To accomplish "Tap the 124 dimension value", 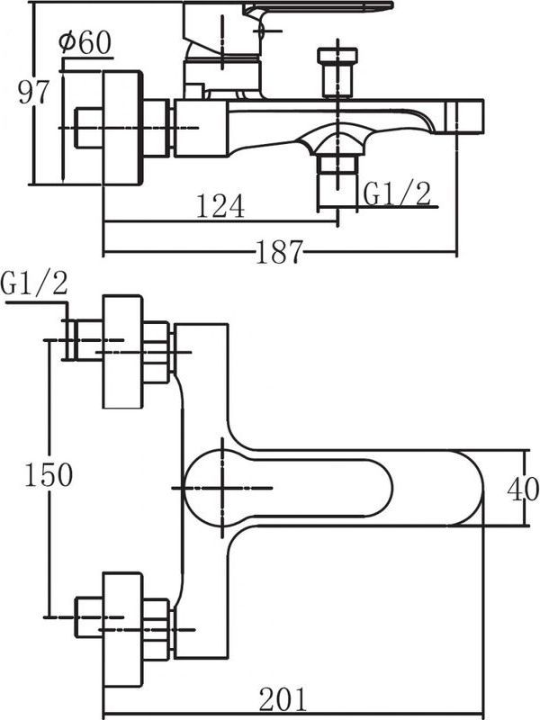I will (220, 207).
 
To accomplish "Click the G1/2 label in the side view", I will (396, 192).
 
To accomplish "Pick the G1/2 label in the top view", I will (34, 284).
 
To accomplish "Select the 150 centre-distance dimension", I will (47, 474).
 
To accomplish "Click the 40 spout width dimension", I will (522, 489).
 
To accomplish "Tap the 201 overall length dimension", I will (283, 697).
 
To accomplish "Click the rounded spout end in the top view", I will (468, 489).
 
